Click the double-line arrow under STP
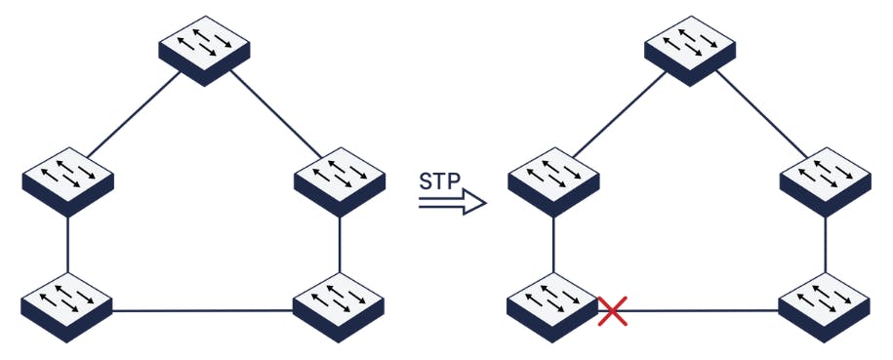pyautogui.click(x=452, y=202)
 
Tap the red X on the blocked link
pyautogui.click(x=612, y=311)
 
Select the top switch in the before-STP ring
pyautogui.click(x=204, y=49)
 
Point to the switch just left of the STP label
pyautogui.click(x=339, y=179)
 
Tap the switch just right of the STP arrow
pyautogui.click(x=554, y=179)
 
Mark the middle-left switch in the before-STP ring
pyautogui.click(x=67, y=179)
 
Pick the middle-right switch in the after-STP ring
pyautogui.click(x=826, y=179)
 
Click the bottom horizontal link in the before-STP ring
pyautogui.click(x=203, y=311)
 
